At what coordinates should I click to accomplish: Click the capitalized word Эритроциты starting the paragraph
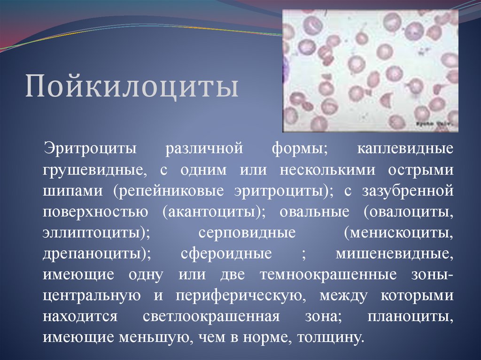pos(90,149)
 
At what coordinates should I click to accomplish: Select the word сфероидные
pos(226,254)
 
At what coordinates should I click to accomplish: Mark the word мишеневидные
pos(394,254)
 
